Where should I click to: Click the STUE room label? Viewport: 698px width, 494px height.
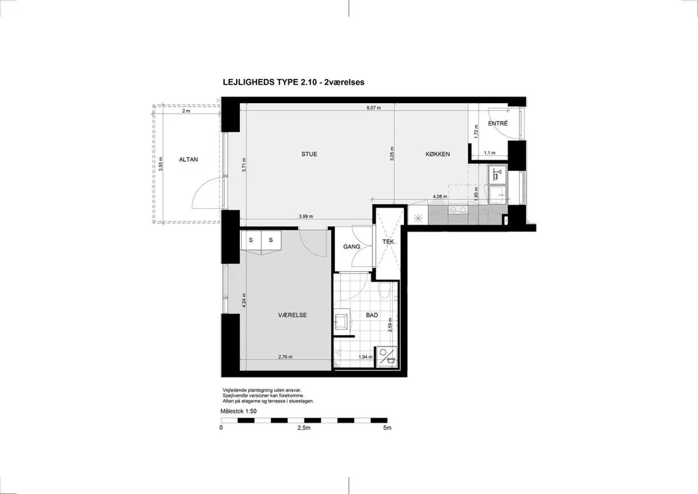click(310, 154)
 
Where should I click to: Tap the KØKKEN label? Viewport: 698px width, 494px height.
click(438, 154)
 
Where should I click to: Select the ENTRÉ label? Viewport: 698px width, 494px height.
click(498, 123)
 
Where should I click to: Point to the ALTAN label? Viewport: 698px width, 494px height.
click(188, 159)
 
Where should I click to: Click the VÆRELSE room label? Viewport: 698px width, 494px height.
click(293, 315)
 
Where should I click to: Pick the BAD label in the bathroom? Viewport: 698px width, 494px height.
click(372, 315)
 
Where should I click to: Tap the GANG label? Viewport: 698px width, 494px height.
click(352, 246)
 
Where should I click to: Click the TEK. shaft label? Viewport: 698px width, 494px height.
click(388, 242)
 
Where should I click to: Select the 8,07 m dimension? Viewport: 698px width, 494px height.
click(374, 108)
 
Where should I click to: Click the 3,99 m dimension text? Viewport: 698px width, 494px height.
click(305, 217)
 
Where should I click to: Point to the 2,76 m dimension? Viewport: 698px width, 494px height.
click(286, 356)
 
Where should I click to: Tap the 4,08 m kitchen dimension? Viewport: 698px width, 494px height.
click(440, 196)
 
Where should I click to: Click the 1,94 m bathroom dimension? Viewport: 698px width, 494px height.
click(365, 356)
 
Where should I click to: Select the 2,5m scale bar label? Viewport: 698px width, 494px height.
click(304, 428)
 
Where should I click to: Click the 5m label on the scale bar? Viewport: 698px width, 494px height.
click(387, 428)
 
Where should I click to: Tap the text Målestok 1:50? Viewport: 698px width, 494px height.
click(238, 411)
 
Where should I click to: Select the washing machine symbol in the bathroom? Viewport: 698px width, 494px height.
click(386, 357)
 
